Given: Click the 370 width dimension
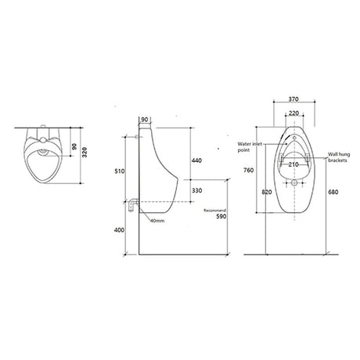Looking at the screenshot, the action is point(293,99).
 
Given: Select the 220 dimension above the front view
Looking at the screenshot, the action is point(293,113).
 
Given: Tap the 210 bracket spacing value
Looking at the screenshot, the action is point(293,164).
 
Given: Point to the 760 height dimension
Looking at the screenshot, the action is point(249,171).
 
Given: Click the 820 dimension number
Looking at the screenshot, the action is point(267,193).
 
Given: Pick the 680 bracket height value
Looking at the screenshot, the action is point(333,193).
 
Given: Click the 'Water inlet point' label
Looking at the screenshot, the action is point(250,147).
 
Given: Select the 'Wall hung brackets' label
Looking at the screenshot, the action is point(339,157).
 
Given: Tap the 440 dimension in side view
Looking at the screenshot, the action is point(196,160).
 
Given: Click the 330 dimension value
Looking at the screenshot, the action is point(196,190).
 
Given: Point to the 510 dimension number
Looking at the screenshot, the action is point(120,171).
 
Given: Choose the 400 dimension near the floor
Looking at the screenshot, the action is point(119,230).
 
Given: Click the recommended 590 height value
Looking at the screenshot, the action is point(221,216).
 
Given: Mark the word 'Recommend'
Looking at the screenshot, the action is point(214,211).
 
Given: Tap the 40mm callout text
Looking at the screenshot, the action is point(157,221).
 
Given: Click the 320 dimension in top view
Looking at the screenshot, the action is point(85,152).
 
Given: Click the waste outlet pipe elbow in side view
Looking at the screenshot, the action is point(134,204).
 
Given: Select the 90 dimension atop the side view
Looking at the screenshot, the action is point(144,120).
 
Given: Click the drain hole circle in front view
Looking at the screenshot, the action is point(294,182).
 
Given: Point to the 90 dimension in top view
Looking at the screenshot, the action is point(74,146).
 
